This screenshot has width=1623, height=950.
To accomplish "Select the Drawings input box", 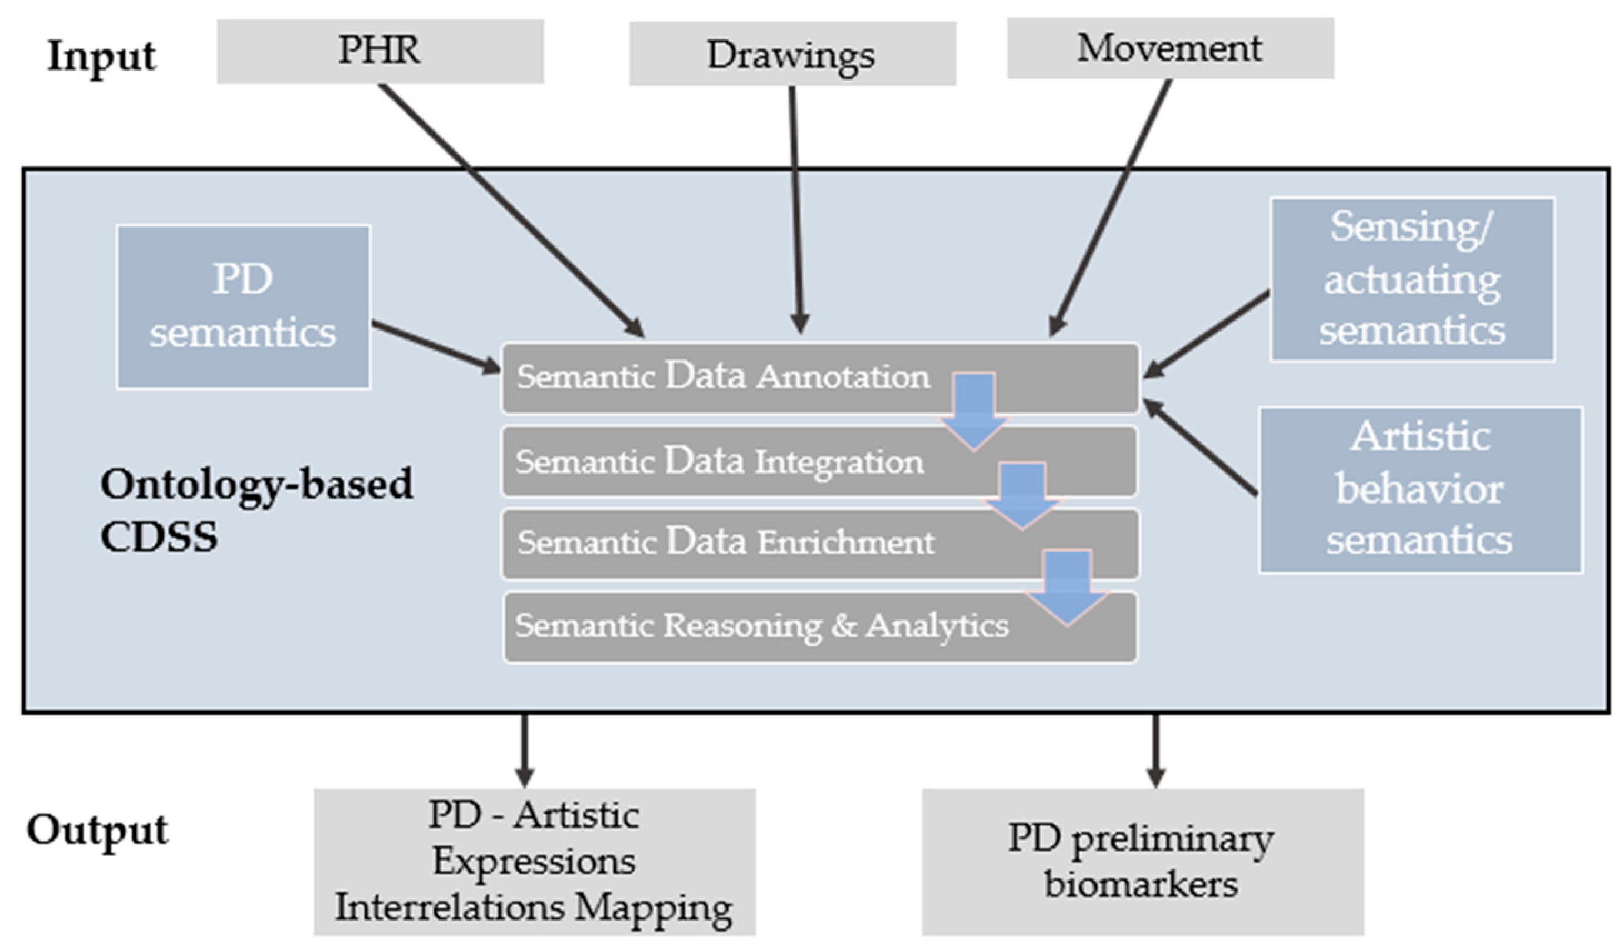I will coord(792,54).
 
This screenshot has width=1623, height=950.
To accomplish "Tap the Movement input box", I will coord(1169,48).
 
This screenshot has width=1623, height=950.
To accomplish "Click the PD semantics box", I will coord(243,306).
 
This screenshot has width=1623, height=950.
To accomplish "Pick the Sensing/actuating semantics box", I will coord(1412,279).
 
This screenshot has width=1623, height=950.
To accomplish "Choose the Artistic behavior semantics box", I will coord(1420,489).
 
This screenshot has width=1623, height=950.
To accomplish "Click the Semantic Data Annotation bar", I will coord(721,378).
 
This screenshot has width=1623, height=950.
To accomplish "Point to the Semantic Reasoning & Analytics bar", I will coord(760,626).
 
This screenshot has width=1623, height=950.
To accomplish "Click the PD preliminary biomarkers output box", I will coord(1142,861).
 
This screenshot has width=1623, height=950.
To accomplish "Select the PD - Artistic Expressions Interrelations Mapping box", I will coord(534,861).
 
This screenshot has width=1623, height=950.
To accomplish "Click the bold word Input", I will coord(101,56).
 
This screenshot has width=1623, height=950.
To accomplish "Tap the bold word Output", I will coord(96,830).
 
